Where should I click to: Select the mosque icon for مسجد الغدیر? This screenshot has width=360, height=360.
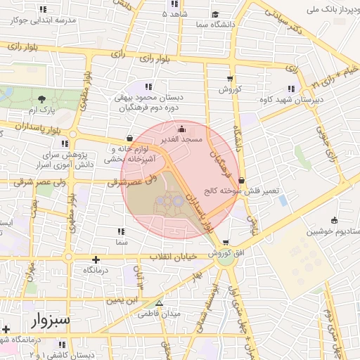point(183,129)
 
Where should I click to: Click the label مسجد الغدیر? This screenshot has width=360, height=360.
point(182,140)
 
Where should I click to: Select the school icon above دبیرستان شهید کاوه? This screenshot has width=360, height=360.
point(291,89)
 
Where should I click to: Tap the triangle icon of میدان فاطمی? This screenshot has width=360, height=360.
point(160,304)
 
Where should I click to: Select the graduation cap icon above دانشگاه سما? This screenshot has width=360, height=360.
point(215,13)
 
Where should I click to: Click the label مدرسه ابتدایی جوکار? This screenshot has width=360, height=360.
point(44,20)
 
